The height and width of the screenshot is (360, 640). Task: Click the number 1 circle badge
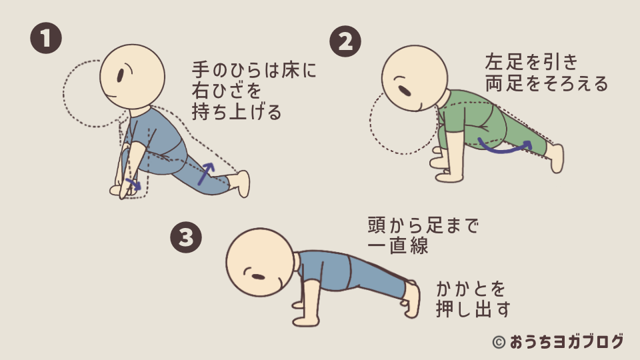46,39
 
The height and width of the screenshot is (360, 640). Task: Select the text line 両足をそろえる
547,84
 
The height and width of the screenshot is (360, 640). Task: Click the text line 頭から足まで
423,225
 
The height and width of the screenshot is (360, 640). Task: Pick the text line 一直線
397,245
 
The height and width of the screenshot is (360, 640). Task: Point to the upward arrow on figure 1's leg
209,171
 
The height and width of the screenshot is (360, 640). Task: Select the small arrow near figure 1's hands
133,183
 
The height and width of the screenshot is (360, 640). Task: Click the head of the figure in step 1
132,75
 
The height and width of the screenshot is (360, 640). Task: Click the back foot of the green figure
555,158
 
